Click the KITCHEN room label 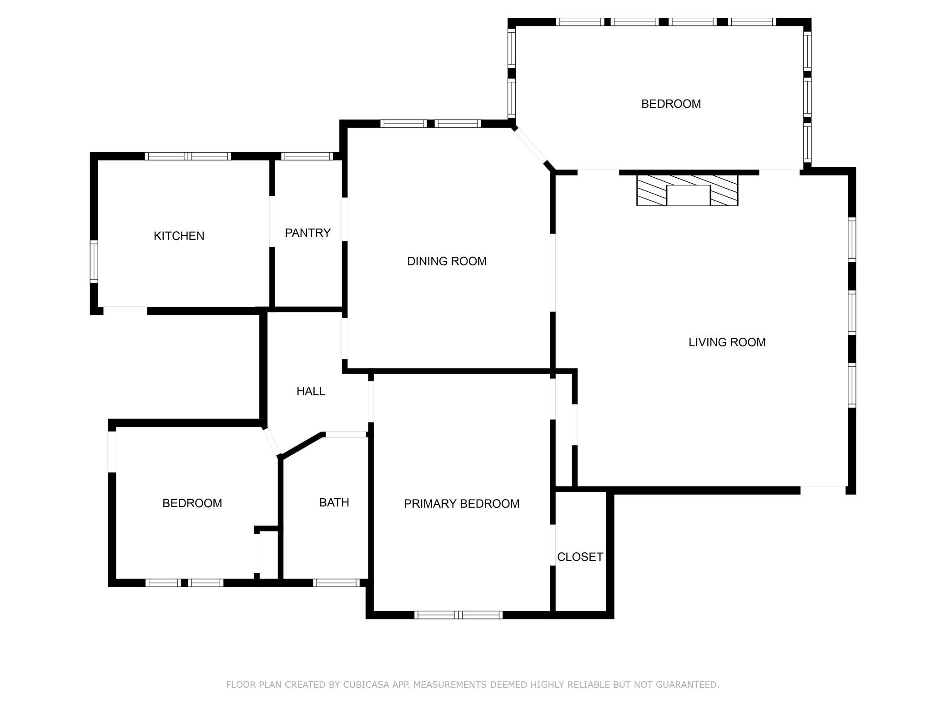[x=179, y=236]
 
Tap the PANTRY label [x=307, y=233]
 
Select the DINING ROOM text [x=447, y=261]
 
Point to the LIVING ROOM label [x=727, y=342]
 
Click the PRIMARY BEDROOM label [x=462, y=504]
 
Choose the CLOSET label [x=580, y=557]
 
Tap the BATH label [x=334, y=502]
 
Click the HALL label [x=311, y=391]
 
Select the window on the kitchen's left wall [x=94, y=262]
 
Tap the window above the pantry [x=307, y=156]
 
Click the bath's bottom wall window [x=337, y=583]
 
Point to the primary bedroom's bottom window [x=458, y=615]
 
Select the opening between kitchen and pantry [x=272, y=221]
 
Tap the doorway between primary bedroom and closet [x=553, y=545]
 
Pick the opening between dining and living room [x=553, y=273]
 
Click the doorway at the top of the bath [x=346, y=434]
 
